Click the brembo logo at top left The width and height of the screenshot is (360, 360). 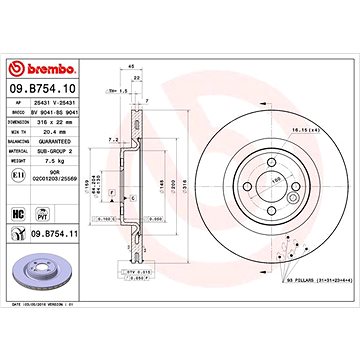tap(40, 69)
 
